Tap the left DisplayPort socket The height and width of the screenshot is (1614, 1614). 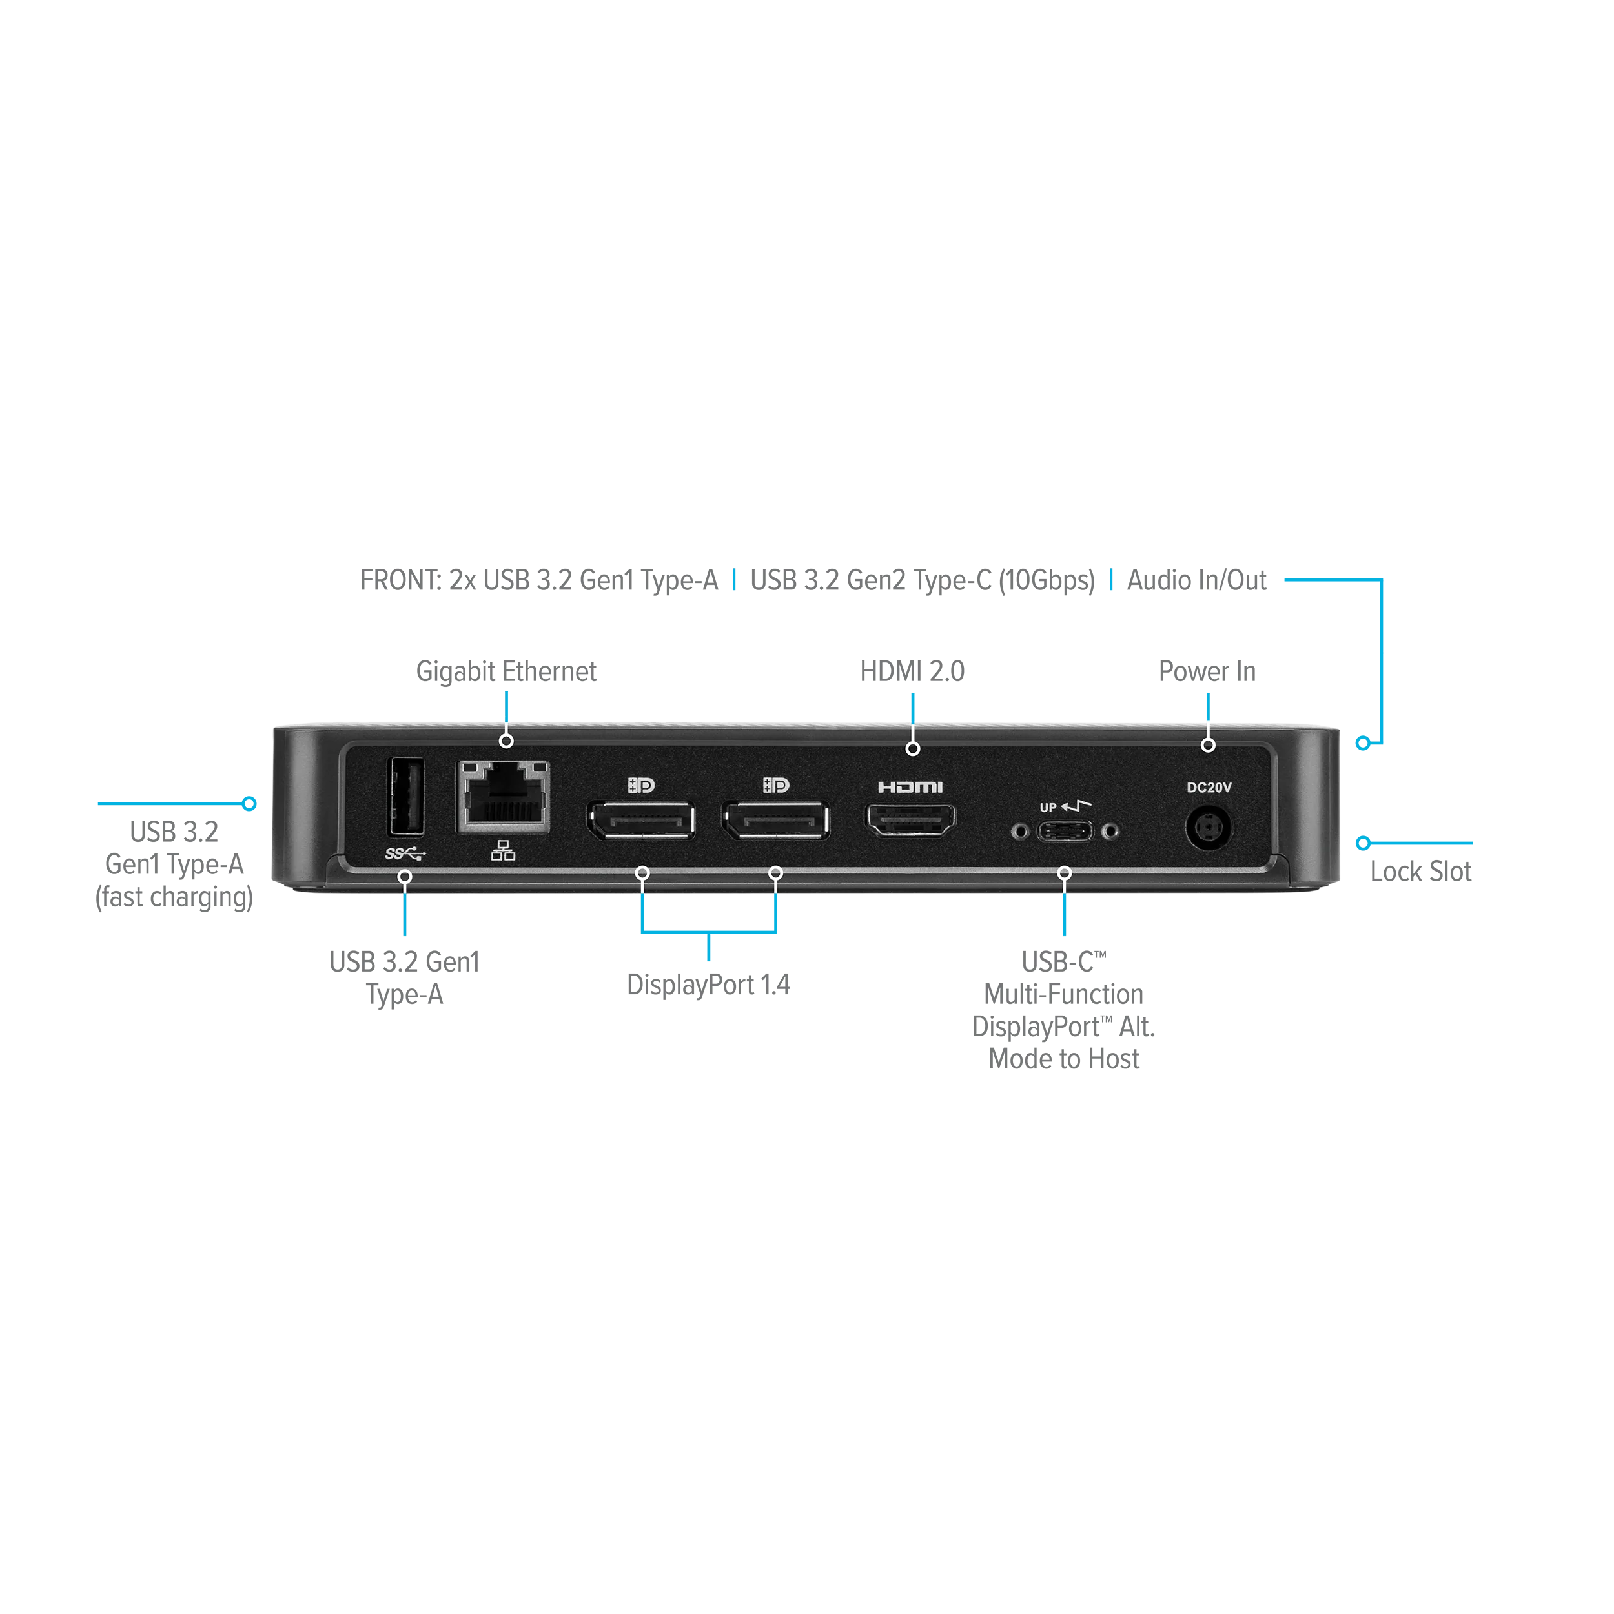[x=640, y=821]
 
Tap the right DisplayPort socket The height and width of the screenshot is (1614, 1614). [x=776, y=821]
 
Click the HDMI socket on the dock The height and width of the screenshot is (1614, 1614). [x=910, y=821]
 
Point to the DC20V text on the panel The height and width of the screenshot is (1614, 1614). [x=1209, y=787]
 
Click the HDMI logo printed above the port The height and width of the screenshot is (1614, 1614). [x=910, y=787]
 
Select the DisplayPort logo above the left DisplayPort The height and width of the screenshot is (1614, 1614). [x=640, y=785]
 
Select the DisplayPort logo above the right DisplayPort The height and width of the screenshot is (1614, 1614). [x=776, y=785]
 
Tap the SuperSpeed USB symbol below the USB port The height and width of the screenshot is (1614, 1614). [x=405, y=853]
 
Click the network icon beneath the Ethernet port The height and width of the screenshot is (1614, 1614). [x=503, y=852]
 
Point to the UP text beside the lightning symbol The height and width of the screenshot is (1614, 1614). [x=1048, y=808]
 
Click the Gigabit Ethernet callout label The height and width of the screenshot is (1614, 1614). [x=506, y=669]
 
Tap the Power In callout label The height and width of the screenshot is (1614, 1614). [x=1205, y=669]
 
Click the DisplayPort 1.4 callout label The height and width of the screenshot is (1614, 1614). [x=708, y=984]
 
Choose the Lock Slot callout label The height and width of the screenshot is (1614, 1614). [x=1419, y=870]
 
